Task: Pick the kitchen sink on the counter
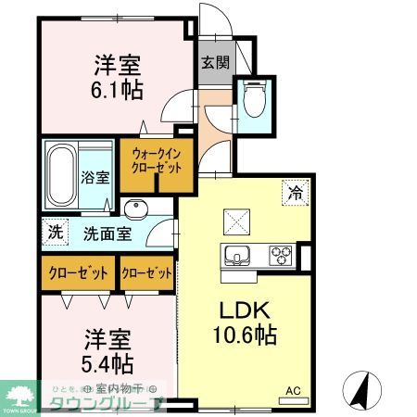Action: click(234, 255)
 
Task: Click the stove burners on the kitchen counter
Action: click(281, 254)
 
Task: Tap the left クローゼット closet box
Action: click(78, 273)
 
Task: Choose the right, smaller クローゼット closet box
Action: click(147, 273)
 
